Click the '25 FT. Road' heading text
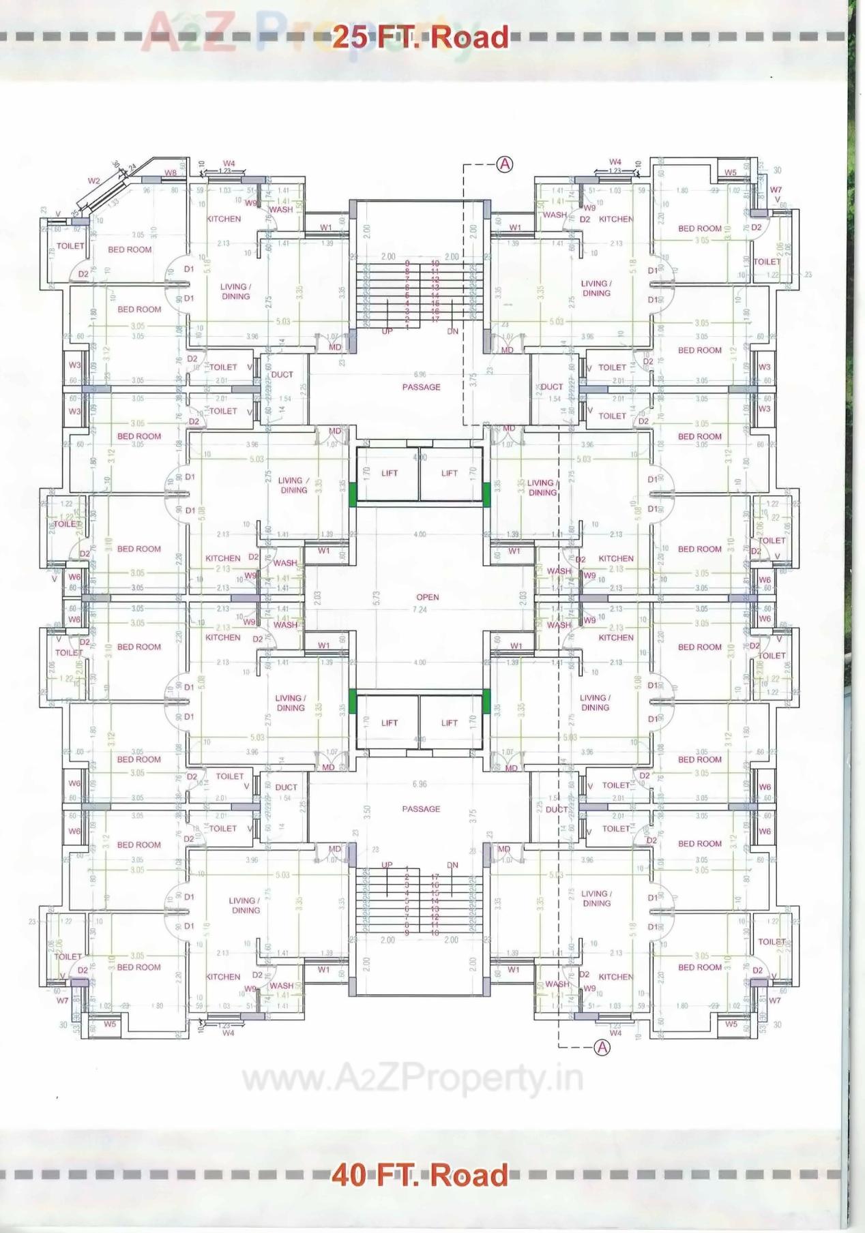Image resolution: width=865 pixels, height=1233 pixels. tap(420, 37)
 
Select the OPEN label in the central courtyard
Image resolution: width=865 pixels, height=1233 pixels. tap(428, 597)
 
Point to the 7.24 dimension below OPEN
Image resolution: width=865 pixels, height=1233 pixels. tap(420, 609)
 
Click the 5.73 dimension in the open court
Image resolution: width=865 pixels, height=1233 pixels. tap(377, 598)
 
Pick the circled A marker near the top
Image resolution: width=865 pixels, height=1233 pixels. tap(504, 164)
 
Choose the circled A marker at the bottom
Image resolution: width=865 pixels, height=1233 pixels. tap(602, 1048)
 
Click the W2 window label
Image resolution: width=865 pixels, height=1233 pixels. tap(94, 181)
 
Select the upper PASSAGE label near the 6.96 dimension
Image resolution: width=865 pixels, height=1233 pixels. tap(421, 387)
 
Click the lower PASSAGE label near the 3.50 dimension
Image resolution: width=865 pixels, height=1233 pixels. tap(421, 809)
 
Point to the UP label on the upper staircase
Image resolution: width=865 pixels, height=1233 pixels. tap(387, 331)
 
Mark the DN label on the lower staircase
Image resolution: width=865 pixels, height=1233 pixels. tap(453, 865)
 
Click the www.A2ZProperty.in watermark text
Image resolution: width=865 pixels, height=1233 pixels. tap(412, 1079)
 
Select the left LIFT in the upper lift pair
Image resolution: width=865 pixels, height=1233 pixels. tap(390, 473)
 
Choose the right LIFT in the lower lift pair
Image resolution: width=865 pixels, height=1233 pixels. tap(450, 723)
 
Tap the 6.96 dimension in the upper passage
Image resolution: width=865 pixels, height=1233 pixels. tap(420, 374)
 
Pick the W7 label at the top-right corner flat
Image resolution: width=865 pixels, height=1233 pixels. tap(776, 190)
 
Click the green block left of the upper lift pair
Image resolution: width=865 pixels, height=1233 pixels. tap(353, 493)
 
